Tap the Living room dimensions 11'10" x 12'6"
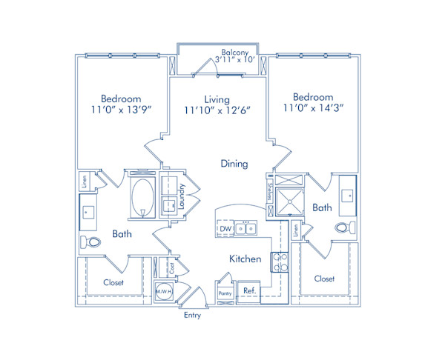[x=217, y=111]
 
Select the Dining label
[x=234, y=164]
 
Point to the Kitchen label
[x=245, y=259]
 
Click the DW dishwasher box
[x=225, y=229]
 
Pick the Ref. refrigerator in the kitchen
[x=249, y=291]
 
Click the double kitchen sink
[x=247, y=229]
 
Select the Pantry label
[x=225, y=294]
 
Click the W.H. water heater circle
[x=162, y=292]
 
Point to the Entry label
[x=192, y=316]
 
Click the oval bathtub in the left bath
[x=142, y=197]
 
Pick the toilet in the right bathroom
[x=343, y=228]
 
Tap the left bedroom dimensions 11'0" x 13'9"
[x=122, y=104]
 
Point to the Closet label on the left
[x=113, y=283]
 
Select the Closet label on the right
[x=324, y=279]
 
